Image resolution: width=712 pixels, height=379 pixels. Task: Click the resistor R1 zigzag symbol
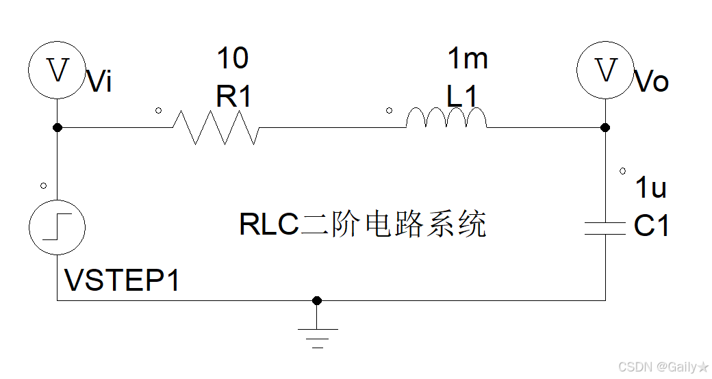click(x=215, y=127)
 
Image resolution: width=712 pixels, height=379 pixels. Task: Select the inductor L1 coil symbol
click(x=446, y=119)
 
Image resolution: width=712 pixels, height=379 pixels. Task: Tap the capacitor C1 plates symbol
click(x=605, y=228)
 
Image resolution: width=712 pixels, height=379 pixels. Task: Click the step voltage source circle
click(x=57, y=228)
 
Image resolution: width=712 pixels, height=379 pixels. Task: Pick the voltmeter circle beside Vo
click(x=605, y=70)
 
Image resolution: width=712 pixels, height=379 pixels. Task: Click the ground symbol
click(x=317, y=335)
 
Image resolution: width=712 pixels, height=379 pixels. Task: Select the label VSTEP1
click(x=122, y=280)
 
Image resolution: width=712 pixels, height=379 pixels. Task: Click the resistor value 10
click(x=233, y=59)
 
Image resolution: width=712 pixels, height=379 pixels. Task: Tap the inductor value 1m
click(x=468, y=59)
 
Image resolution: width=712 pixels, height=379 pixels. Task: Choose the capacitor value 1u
click(x=650, y=187)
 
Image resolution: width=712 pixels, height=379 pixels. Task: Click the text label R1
click(x=233, y=97)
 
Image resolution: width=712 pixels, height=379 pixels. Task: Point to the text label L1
click(x=462, y=97)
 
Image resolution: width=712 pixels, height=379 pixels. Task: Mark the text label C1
click(x=652, y=226)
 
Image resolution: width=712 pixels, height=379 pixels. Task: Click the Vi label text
click(x=100, y=82)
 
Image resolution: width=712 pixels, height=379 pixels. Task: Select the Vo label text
click(x=652, y=82)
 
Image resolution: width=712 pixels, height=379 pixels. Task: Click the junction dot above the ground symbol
click(x=316, y=300)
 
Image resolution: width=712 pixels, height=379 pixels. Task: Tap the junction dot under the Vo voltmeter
click(x=605, y=127)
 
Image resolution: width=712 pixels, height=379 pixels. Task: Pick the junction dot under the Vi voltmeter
click(x=58, y=127)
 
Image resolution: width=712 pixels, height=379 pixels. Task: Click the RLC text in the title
click(x=269, y=224)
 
